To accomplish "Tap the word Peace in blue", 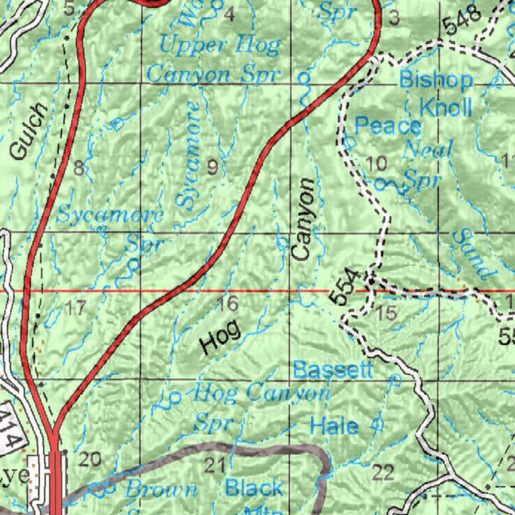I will (387, 126).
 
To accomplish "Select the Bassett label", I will (333, 370).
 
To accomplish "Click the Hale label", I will (334, 426).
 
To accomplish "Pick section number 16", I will (226, 304).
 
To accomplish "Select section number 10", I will (377, 163).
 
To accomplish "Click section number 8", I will (78, 168).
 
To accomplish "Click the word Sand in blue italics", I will (473, 253).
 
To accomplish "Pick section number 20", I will (91, 459).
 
